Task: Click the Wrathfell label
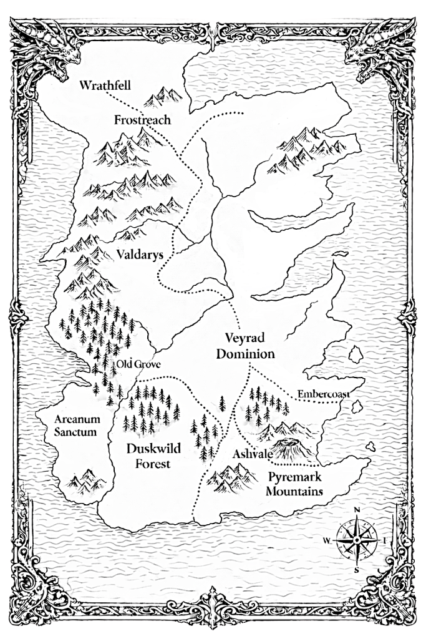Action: pyautogui.click(x=105, y=85)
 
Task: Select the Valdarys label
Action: pyautogui.click(x=140, y=255)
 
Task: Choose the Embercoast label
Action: pyautogui.click(x=322, y=394)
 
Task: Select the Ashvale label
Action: pyautogui.click(x=252, y=454)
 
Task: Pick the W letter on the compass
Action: pyautogui.click(x=327, y=540)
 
